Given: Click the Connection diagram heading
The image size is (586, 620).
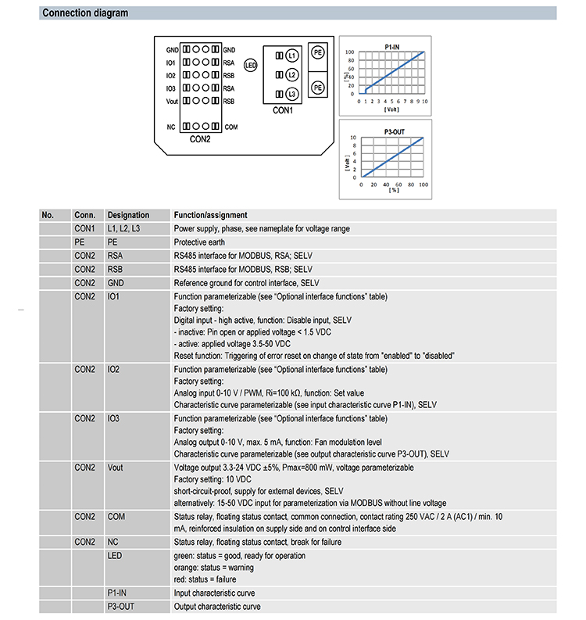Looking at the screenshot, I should [85, 13].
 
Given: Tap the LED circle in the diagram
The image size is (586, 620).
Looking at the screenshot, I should [251, 66].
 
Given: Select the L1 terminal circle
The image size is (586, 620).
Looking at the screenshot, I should [291, 56].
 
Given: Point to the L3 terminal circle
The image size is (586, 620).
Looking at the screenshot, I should [291, 94].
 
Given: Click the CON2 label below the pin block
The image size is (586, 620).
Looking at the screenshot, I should [200, 140].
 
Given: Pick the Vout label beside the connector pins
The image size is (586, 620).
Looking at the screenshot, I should [172, 101].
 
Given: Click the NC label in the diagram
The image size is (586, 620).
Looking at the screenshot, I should [170, 127].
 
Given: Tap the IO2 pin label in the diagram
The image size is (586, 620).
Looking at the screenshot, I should [170, 76].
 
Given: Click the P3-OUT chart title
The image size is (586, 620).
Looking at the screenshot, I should [391, 131].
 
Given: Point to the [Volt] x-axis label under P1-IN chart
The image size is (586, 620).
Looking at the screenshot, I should [391, 109].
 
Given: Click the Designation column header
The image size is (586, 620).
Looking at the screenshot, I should [128, 215].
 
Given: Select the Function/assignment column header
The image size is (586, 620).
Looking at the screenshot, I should [210, 215].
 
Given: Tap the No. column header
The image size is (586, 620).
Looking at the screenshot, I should [48, 215].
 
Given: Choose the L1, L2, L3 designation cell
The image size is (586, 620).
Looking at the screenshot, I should [124, 228].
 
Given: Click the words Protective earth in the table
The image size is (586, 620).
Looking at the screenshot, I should [200, 242].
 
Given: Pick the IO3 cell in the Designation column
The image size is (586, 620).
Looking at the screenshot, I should [115, 418].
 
